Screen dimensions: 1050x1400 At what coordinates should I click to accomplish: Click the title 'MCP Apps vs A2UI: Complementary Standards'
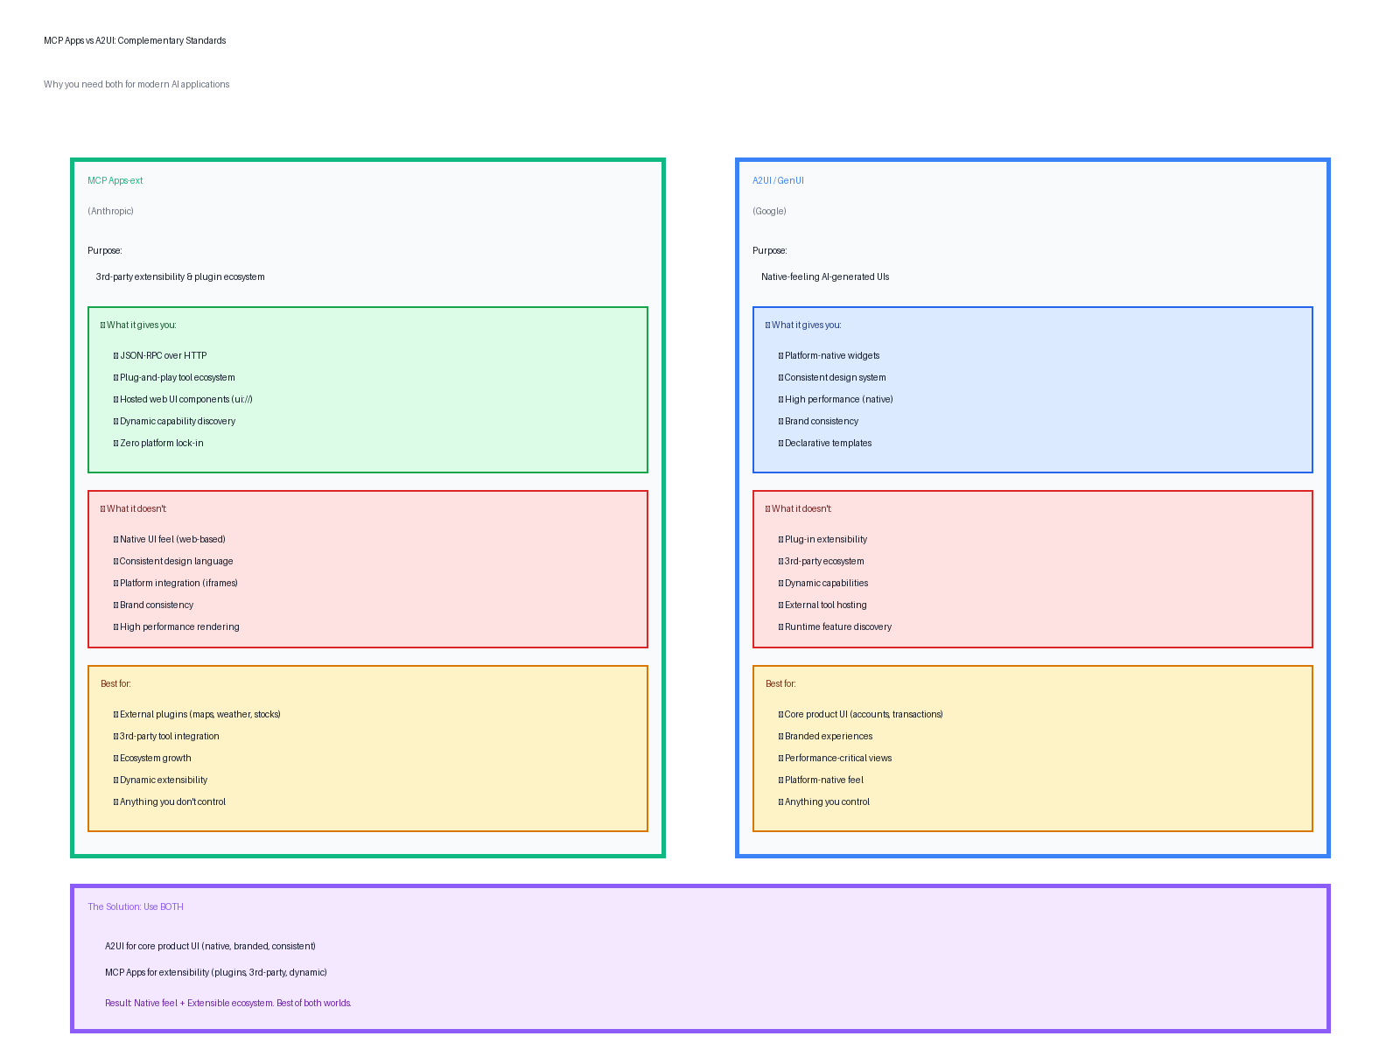pos(135,41)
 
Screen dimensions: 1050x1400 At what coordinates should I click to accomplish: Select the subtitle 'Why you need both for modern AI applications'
pos(136,85)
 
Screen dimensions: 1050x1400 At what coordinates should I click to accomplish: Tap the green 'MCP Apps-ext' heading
pos(115,181)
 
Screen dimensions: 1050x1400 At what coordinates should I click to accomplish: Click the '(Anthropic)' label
pos(110,212)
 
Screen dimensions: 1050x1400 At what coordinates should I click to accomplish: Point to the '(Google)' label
pos(769,212)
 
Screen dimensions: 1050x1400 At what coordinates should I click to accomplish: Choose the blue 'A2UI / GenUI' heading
pos(778,181)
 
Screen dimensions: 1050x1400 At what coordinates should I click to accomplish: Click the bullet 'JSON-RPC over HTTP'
pos(163,356)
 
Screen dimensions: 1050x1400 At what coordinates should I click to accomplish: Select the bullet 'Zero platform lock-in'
pos(161,444)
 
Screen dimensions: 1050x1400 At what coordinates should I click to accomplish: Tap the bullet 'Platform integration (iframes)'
pos(178,584)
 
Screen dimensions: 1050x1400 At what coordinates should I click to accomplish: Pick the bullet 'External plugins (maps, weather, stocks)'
pos(199,715)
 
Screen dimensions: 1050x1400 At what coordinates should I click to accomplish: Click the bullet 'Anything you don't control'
pos(172,802)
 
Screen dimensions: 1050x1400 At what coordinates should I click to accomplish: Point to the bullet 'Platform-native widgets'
pos(831,356)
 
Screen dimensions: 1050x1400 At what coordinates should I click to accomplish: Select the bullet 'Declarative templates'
pos(828,444)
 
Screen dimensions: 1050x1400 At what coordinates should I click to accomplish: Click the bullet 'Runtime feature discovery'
pos(837,627)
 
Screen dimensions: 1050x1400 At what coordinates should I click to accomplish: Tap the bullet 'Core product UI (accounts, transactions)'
pos(863,715)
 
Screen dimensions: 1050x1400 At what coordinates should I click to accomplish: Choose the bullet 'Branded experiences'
pos(828,737)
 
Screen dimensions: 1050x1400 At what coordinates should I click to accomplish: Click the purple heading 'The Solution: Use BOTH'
pos(136,907)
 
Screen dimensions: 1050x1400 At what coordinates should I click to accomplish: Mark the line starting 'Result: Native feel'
pos(227,1004)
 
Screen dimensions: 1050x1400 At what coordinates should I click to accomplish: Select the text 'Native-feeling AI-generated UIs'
pos(825,277)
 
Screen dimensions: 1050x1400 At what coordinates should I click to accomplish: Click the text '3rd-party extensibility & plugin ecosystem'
pos(180,277)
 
